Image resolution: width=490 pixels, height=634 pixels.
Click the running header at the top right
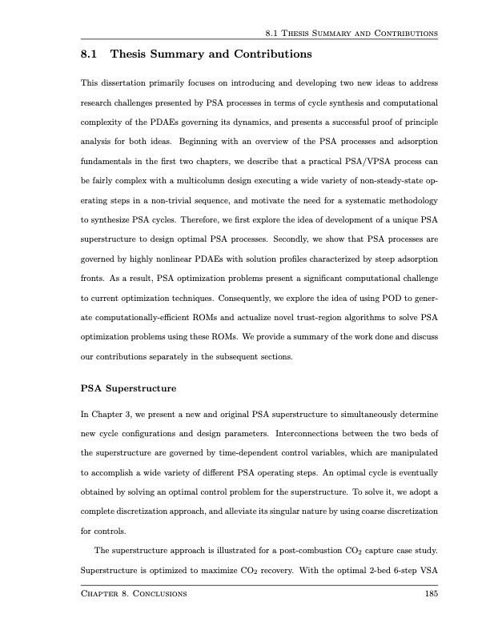[x=350, y=34]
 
